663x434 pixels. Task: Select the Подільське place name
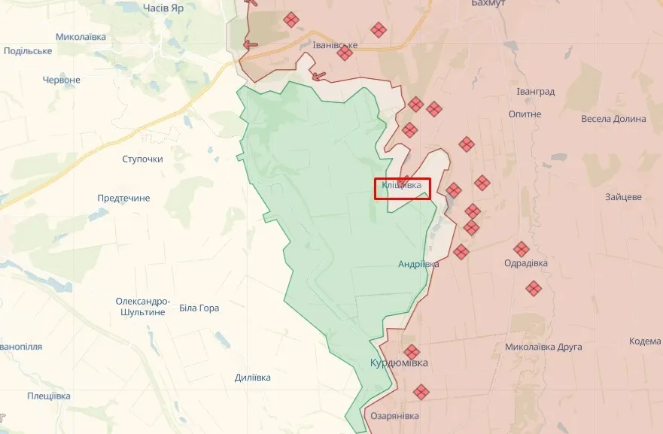pyautogui.click(x=28, y=50)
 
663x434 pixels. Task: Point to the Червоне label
pyautogui.click(x=62, y=80)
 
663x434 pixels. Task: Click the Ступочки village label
pyautogui.click(x=142, y=159)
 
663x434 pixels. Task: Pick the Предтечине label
pyautogui.click(x=123, y=198)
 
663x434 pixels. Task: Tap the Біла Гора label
pyautogui.click(x=199, y=308)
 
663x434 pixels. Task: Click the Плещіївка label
pyautogui.click(x=49, y=396)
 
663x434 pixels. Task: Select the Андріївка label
pyautogui.click(x=419, y=264)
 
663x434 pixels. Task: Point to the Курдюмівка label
pyautogui.click(x=399, y=363)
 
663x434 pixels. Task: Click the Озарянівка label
pyautogui.click(x=395, y=415)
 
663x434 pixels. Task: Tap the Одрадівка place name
pyautogui.click(x=526, y=263)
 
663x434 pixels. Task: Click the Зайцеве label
pyautogui.click(x=623, y=197)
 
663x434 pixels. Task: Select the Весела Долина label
pyautogui.click(x=613, y=119)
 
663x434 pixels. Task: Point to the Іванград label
pyautogui.click(x=536, y=92)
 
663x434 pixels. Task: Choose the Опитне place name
pyautogui.click(x=525, y=114)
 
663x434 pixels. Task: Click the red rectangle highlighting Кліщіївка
pyautogui.click(x=403, y=188)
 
